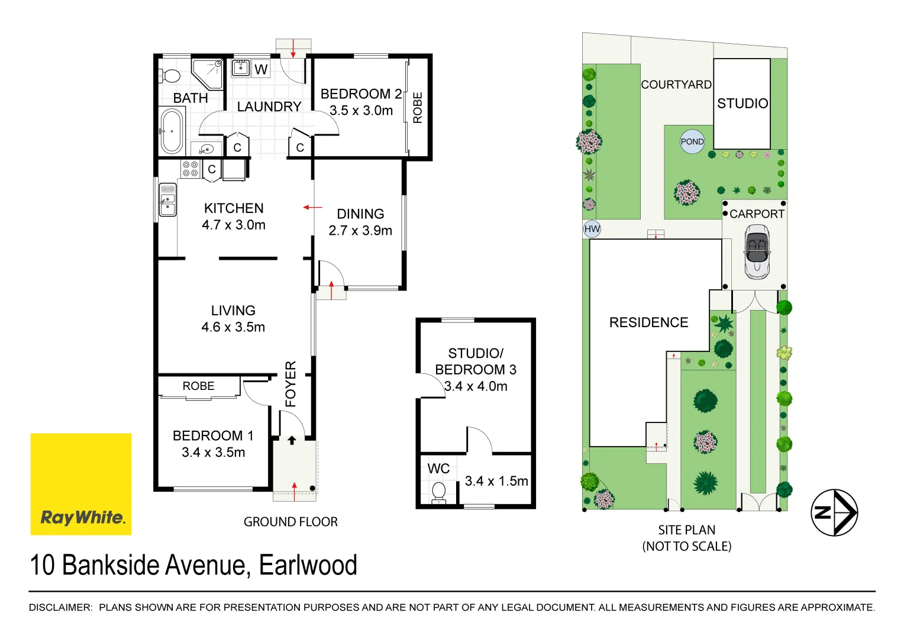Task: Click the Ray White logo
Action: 81,484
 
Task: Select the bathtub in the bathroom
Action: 172,131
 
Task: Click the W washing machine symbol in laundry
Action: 261,69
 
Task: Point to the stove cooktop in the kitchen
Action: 190,169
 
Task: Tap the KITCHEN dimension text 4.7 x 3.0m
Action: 234,225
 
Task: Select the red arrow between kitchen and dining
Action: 312,208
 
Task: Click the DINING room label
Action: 360,214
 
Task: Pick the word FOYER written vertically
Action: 290,384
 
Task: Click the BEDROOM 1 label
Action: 213,436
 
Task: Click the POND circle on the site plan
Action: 692,142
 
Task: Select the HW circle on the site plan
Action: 592,229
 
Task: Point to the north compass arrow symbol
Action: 834,512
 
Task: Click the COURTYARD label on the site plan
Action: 676,85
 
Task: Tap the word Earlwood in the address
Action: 308,566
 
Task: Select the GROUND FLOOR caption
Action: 290,522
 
